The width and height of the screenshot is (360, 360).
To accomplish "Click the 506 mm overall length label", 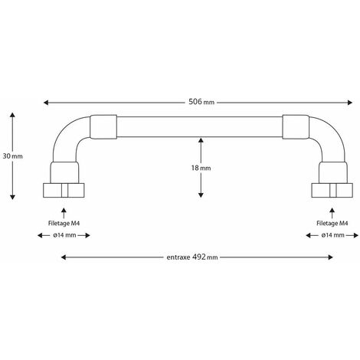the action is (201, 102).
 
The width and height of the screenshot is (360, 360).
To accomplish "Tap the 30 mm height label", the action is (13, 156).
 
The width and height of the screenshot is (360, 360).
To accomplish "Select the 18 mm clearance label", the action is (201, 168).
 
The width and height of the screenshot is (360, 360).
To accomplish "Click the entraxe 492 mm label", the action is (192, 257).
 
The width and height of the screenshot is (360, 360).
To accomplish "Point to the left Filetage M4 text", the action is (64, 224).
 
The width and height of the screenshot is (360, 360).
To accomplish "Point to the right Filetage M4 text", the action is (332, 224).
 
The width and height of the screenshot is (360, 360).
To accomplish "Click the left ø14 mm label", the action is (64, 235).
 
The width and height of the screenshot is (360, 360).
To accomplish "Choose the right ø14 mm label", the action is (332, 235).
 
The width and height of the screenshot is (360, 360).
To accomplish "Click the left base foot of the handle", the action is (64, 190).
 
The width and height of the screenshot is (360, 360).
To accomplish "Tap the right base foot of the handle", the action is (332, 190).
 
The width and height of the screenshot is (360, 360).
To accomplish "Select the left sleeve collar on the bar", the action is (103, 127).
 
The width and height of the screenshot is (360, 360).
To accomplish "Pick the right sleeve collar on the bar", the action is (296, 127).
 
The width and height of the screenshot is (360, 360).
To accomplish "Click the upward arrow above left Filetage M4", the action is (64, 213).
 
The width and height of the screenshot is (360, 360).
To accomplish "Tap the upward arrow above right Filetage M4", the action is (332, 213).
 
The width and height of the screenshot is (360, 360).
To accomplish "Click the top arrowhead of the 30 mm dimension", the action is (12, 115).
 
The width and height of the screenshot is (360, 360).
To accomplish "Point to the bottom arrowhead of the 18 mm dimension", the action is (201, 195).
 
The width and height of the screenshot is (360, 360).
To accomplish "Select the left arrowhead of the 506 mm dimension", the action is (46, 103).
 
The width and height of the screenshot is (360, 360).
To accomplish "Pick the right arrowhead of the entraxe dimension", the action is (330, 257).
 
